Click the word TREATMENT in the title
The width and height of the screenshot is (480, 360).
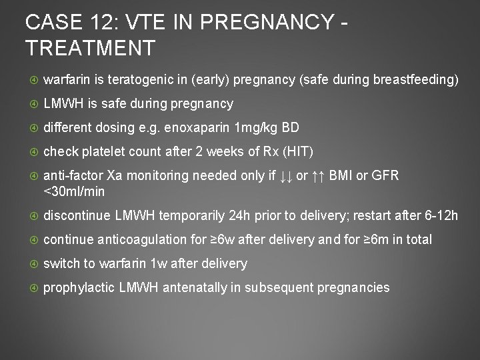[91, 47]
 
